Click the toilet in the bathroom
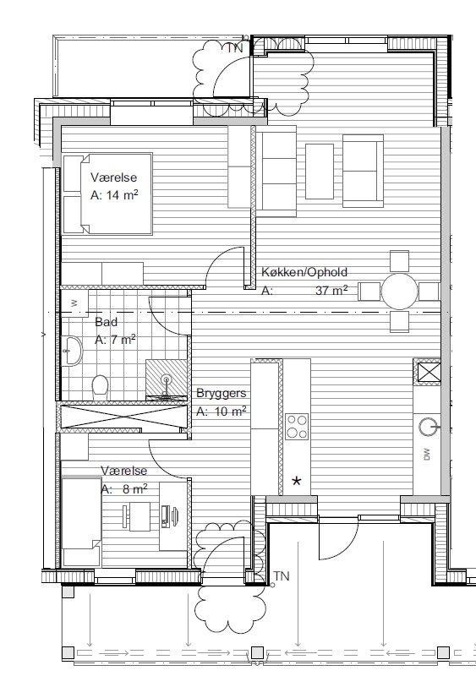tap(101, 387)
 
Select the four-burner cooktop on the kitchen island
tap(297, 427)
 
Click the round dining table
tap(399, 292)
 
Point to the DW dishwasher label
tap(427, 455)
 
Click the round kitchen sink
tap(428, 427)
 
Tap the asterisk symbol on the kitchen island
tap(297, 482)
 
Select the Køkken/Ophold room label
tap(304, 272)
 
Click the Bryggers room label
tap(221, 393)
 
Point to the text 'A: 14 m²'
tap(114, 194)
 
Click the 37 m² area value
tap(331, 290)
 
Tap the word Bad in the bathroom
tap(106, 322)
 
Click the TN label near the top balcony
tap(235, 48)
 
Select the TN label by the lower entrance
tap(282, 575)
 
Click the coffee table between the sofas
tap(320, 172)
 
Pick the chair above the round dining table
tap(399, 261)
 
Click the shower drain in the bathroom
tap(166, 379)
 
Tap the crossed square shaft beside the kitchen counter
tap(428, 373)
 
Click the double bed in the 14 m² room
tap(107, 194)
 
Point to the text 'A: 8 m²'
tap(124, 489)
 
